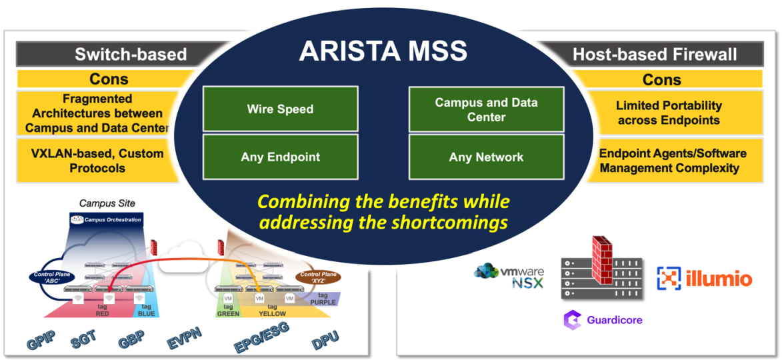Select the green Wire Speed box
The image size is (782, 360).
[x=280, y=109]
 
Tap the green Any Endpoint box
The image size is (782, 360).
[x=280, y=157]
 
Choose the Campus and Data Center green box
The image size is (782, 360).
[x=486, y=109]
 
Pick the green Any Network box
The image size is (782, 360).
[x=486, y=157]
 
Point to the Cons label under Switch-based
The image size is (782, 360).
[x=109, y=79]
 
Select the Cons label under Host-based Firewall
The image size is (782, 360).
[x=661, y=79]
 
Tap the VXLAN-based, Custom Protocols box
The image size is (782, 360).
[x=98, y=161]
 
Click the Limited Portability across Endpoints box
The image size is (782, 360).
[x=668, y=113]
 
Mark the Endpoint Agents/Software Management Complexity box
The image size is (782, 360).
[x=672, y=161]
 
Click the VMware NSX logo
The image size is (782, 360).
[x=509, y=275]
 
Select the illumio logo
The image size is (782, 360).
[x=704, y=279]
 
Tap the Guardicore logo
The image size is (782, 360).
[x=603, y=320]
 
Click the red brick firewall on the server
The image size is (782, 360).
[x=601, y=257]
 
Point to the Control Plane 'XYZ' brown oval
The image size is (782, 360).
[x=317, y=276]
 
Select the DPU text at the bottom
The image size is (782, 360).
[x=325, y=340]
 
